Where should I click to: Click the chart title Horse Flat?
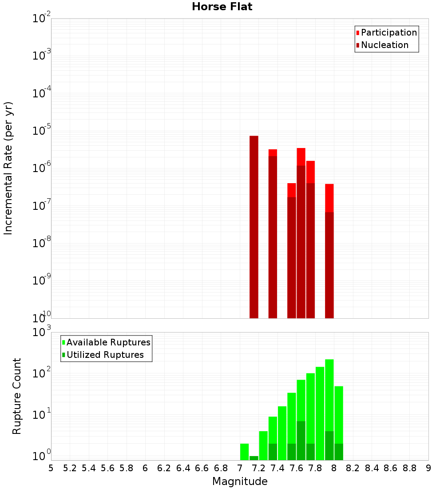(222, 7)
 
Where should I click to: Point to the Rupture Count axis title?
(17, 396)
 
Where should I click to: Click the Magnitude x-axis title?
(240, 481)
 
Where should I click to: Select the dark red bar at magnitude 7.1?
(254, 227)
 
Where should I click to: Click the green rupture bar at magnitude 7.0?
(244, 452)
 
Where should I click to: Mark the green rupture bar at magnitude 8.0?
(339, 422)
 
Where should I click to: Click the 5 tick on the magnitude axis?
(51, 468)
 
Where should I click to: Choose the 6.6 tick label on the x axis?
(202, 468)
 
